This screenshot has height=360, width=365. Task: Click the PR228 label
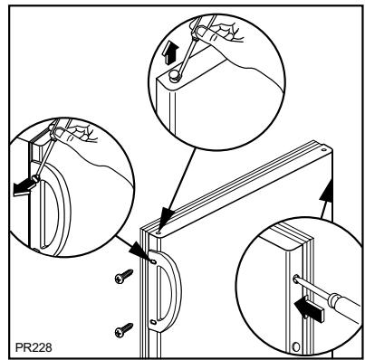click(x=34, y=347)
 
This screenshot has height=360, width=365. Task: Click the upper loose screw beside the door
click(x=124, y=276)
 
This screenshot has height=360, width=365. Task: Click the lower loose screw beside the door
click(x=124, y=330)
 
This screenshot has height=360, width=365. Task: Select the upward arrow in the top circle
click(x=168, y=53)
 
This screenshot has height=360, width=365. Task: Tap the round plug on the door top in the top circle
click(x=174, y=75)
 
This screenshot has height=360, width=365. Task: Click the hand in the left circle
click(x=74, y=133)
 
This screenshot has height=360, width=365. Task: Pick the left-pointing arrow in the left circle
click(x=24, y=188)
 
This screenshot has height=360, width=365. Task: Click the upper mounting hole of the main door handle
click(x=153, y=262)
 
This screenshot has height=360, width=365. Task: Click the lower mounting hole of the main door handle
click(x=153, y=322)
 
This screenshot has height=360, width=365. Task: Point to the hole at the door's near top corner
click(x=158, y=232)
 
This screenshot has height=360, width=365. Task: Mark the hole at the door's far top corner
click(x=324, y=149)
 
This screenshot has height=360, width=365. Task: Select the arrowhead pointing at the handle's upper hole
click(x=139, y=251)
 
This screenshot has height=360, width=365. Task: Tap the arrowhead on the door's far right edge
click(x=327, y=191)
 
